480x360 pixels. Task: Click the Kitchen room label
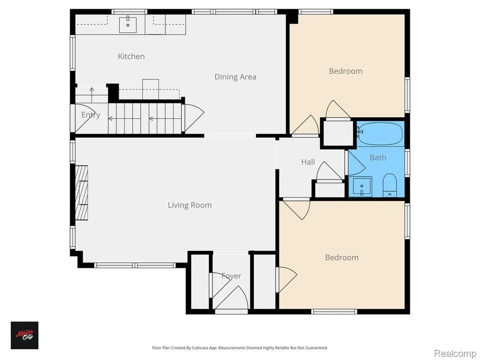click(x=131, y=56)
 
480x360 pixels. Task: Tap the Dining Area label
click(x=235, y=77)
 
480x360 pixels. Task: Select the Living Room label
click(x=189, y=205)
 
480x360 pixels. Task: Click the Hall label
click(x=307, y=162)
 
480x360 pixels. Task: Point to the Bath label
click(x=378, y=157)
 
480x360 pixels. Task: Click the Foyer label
click(x=231, y=276)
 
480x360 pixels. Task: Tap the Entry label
click(x=90, y=115)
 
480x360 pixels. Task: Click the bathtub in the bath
click(x=380, y=133)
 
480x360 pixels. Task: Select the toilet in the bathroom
click(x=390, y=185)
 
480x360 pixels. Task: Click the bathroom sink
click(x=362, y=186)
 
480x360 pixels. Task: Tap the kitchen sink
click(x=127, y=24)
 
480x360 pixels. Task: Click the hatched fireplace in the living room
click(x=82, y=193)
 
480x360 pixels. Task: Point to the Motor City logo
click(x=24, y=335)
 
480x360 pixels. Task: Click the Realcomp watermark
click(x=455, y=353)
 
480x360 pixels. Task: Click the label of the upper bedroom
click(x=345, y=71)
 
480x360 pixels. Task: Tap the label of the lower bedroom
click(x=342, y=257)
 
